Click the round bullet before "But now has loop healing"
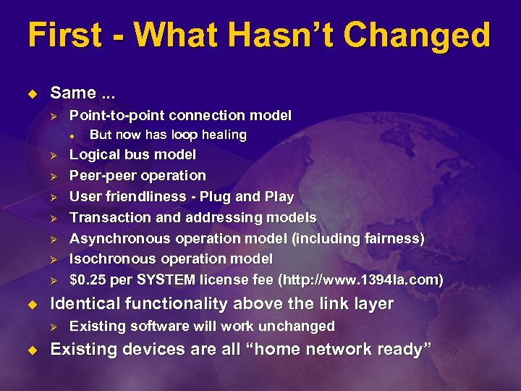(73, 135)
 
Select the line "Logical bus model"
(132, 155)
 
